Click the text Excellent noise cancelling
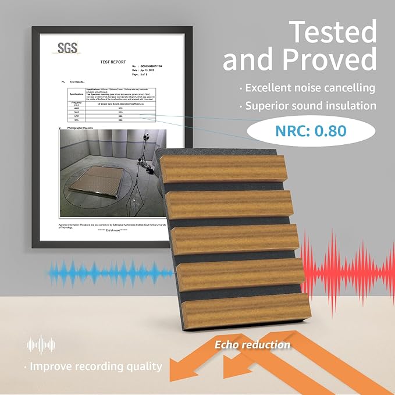tap(309, 88)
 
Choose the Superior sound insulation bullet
tap(309, 106)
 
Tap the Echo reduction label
tap(252, 345)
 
